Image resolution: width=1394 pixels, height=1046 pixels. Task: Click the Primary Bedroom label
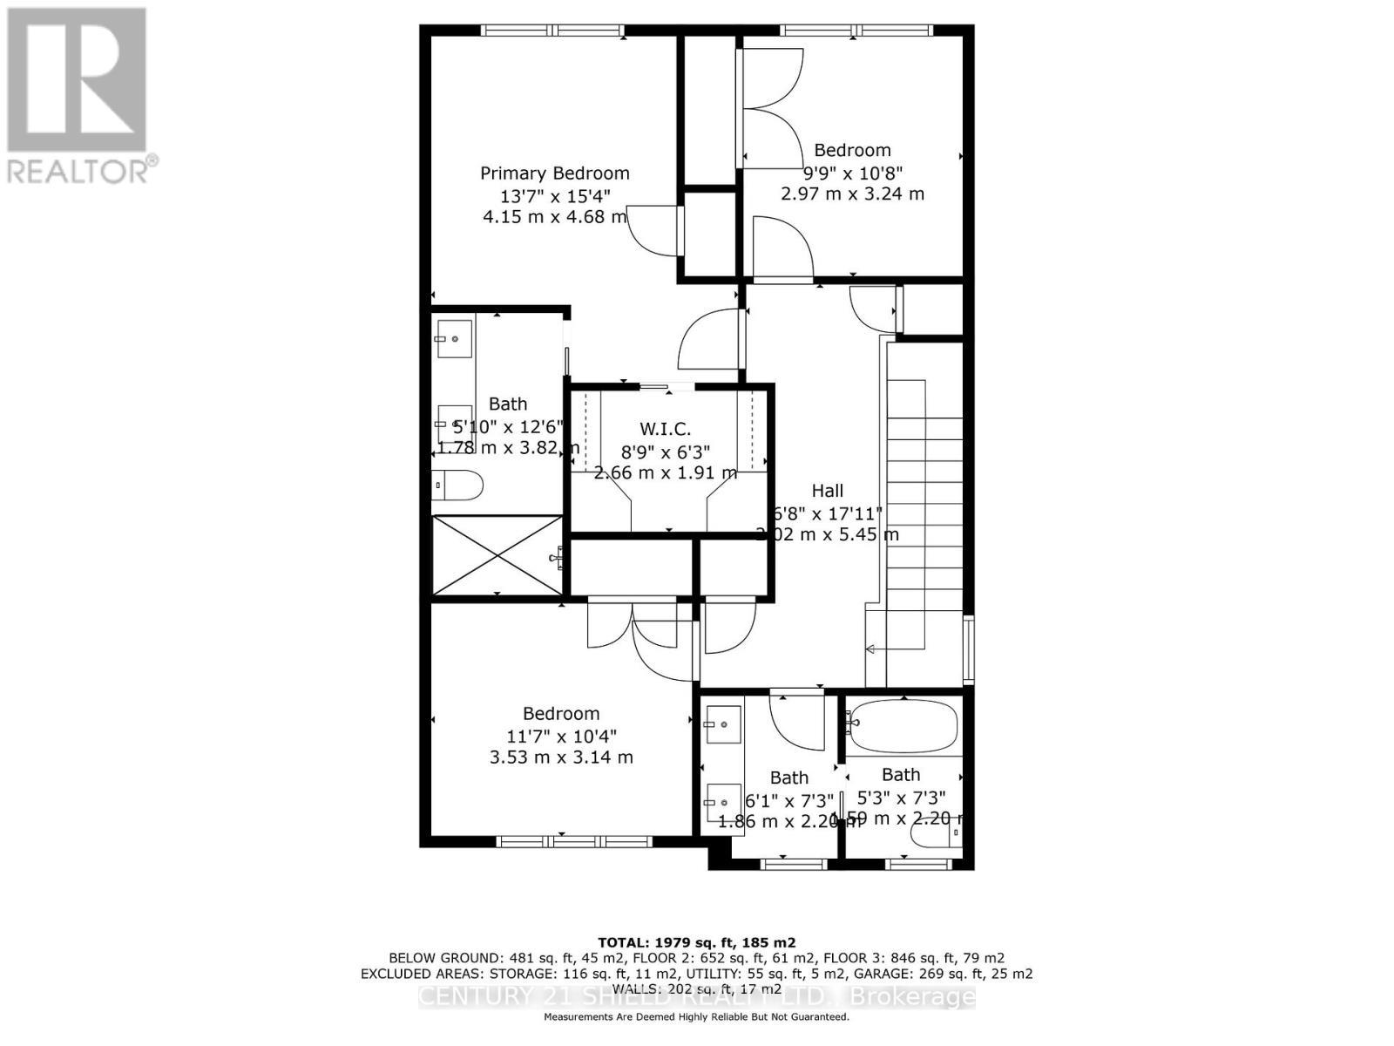point(554,173)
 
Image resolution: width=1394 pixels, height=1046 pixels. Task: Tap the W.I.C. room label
point(665,429)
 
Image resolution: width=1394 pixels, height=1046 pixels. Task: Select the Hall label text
point(827,491)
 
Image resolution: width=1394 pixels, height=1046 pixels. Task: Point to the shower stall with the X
point(497,555)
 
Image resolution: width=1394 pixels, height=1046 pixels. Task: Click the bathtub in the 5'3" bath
point(903,725)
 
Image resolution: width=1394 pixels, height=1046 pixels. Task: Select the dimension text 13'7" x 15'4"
point(554,195)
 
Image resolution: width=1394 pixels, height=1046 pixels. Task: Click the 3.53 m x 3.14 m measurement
point(561,757)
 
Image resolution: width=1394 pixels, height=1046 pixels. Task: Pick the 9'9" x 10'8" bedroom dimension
point(852,173)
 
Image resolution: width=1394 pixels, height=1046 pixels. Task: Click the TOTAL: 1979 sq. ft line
point(696,942)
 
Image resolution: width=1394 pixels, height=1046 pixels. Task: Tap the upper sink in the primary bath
point(454,338)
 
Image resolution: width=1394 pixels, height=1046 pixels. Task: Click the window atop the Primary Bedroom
point(553,31)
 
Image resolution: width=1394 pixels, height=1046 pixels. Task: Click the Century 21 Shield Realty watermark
point(696,997)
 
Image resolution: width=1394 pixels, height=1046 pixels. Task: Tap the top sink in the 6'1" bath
point(723,724)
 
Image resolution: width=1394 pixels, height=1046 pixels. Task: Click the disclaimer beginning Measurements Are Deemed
point(696,1017)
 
